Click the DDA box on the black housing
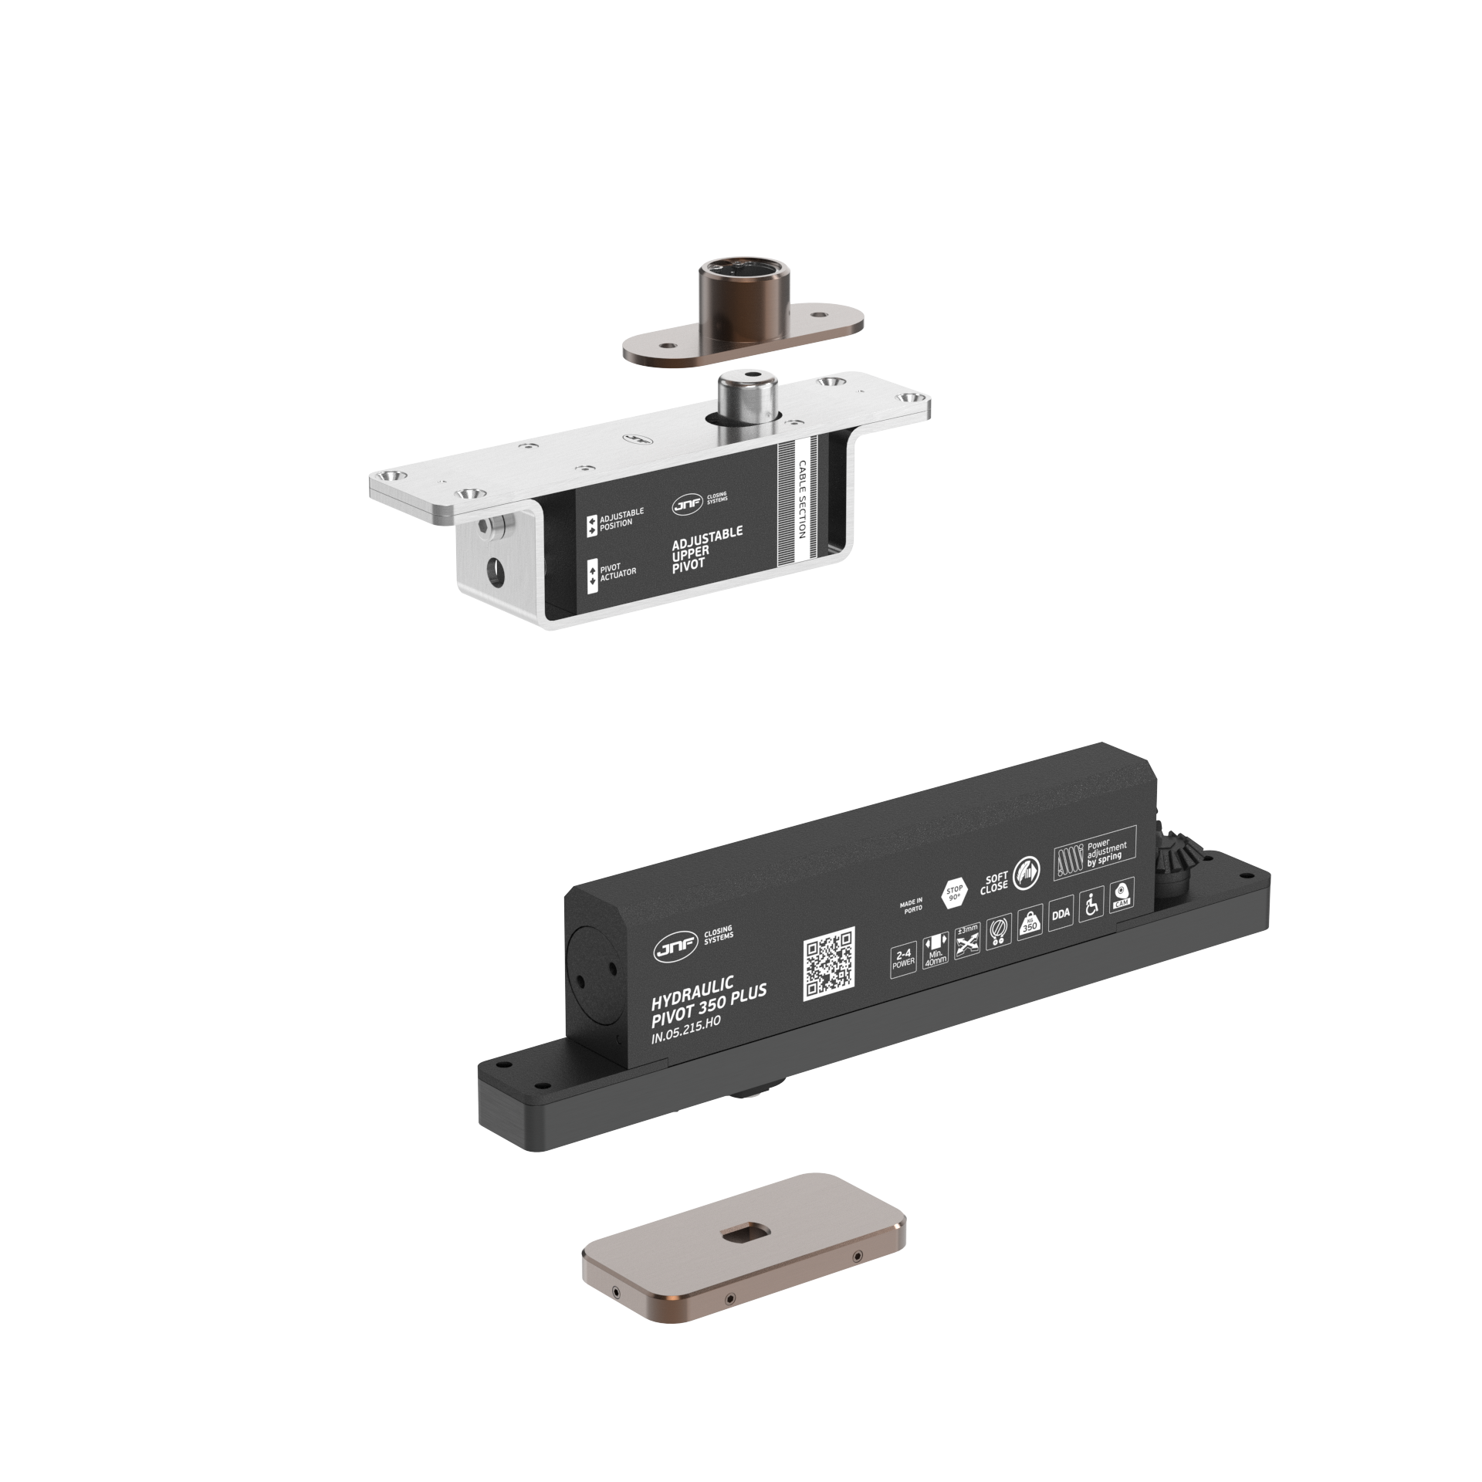pyautogui.click(x=1061, y=914)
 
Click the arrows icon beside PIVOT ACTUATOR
pyautogui.click(x=594, y=576)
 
